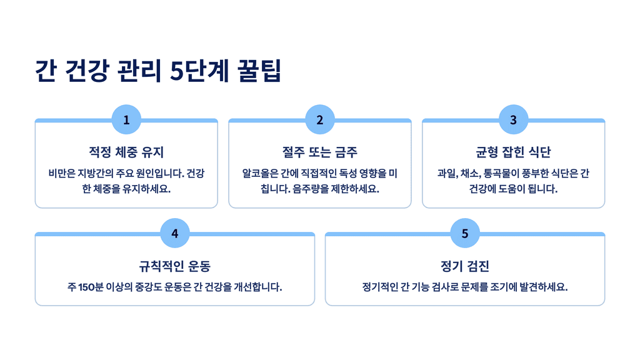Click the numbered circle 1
(126, 120)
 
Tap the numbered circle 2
(320, 120)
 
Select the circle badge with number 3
(513, 120)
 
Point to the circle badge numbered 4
(175, 234)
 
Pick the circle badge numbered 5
(465, 234)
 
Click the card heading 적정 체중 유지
(126, 152)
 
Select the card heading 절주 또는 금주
(320, 152)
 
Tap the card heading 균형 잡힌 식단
(513, 152)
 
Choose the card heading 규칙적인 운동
(175, 266)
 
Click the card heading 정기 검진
(465, 266)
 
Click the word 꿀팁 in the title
(260, 71)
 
